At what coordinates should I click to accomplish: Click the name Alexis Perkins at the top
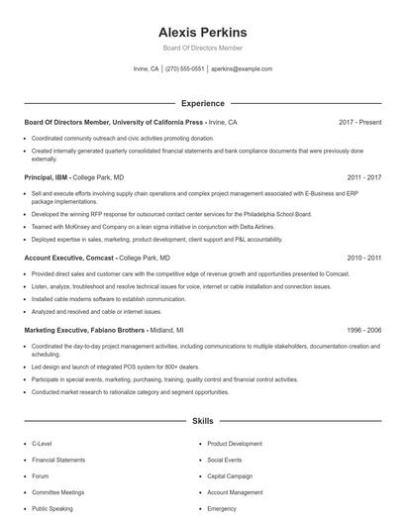[x=202, y=32]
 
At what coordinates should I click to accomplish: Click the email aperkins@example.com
[x=241, y=69]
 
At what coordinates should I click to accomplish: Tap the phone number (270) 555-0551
[x=185, y=69]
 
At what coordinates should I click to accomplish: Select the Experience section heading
[x=202, y=103]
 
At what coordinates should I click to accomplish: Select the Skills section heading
[x=202, y=421]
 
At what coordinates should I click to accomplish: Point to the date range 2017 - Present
[x=359, y=123]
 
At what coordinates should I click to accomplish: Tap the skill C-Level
[x=44, y=444]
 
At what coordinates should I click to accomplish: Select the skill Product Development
[x=235, y=444]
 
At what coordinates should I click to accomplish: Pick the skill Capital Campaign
[x=231, y=476]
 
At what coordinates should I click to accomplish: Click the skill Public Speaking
[x=51, y=508]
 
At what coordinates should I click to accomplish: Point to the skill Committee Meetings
[x=56, y=492]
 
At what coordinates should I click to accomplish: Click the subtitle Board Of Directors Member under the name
[x=202, y=48]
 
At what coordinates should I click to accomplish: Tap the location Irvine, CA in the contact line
[x=147, y=69]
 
